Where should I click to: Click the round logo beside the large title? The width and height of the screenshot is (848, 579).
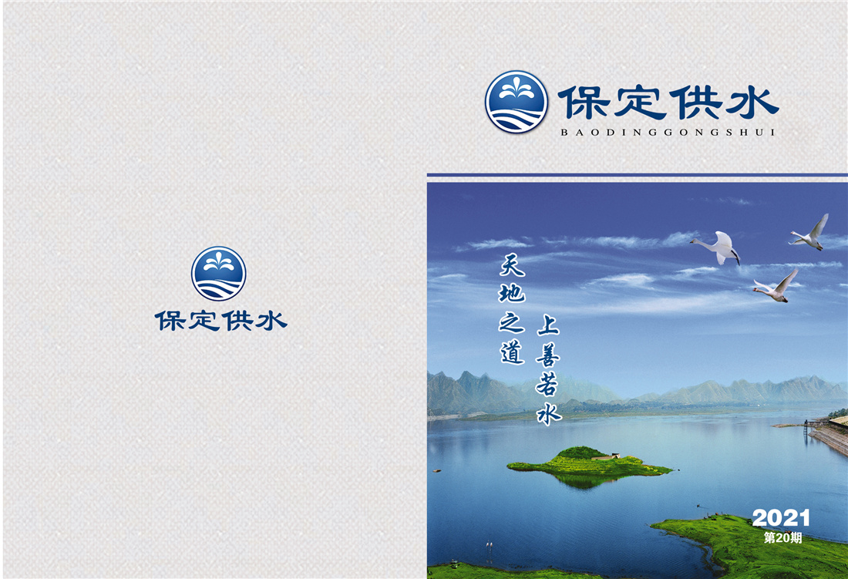click(x=517, y=102)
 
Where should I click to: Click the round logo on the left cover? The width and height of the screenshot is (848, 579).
click(x=218, y=274)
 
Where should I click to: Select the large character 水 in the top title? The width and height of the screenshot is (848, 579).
click(x=752, y=103)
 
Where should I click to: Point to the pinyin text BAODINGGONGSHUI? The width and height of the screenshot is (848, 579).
click(x=668, y=132)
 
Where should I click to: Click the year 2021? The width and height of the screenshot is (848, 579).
click(x=780, y=518)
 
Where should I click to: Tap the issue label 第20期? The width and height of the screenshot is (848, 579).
click(x=782, y=537)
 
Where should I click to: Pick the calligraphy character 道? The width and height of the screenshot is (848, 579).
click(x=512, y=352)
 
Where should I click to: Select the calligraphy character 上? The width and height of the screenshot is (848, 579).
click(x=548, y=325)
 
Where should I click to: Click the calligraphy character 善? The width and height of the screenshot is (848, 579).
click(x=548, y=354)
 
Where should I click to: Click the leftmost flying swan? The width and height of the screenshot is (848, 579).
click(x=716, y=247)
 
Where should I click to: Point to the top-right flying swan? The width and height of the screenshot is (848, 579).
click(x=809, y=233)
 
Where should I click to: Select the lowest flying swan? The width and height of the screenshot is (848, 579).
click(x=776, y=287)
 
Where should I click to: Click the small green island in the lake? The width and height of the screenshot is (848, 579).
click(x=590, y=464)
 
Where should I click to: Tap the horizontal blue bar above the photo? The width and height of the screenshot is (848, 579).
click(x=637, y=175)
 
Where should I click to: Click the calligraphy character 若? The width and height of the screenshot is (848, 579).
click(x=547, y=384)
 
